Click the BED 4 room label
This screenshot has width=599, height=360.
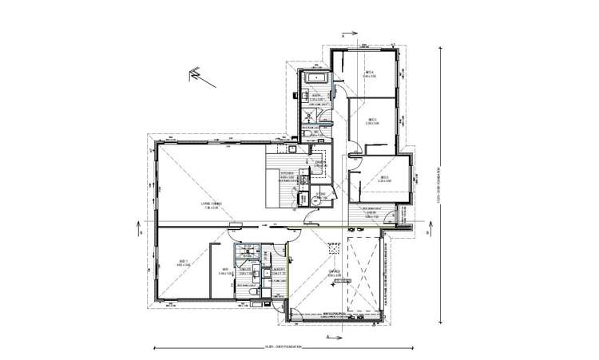[370, 73]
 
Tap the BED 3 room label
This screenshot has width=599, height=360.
[371, 121]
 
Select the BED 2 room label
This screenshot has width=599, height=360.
[384, 179]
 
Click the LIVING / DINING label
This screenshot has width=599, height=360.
[211, 204]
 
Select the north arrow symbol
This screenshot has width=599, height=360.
[194, 76]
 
